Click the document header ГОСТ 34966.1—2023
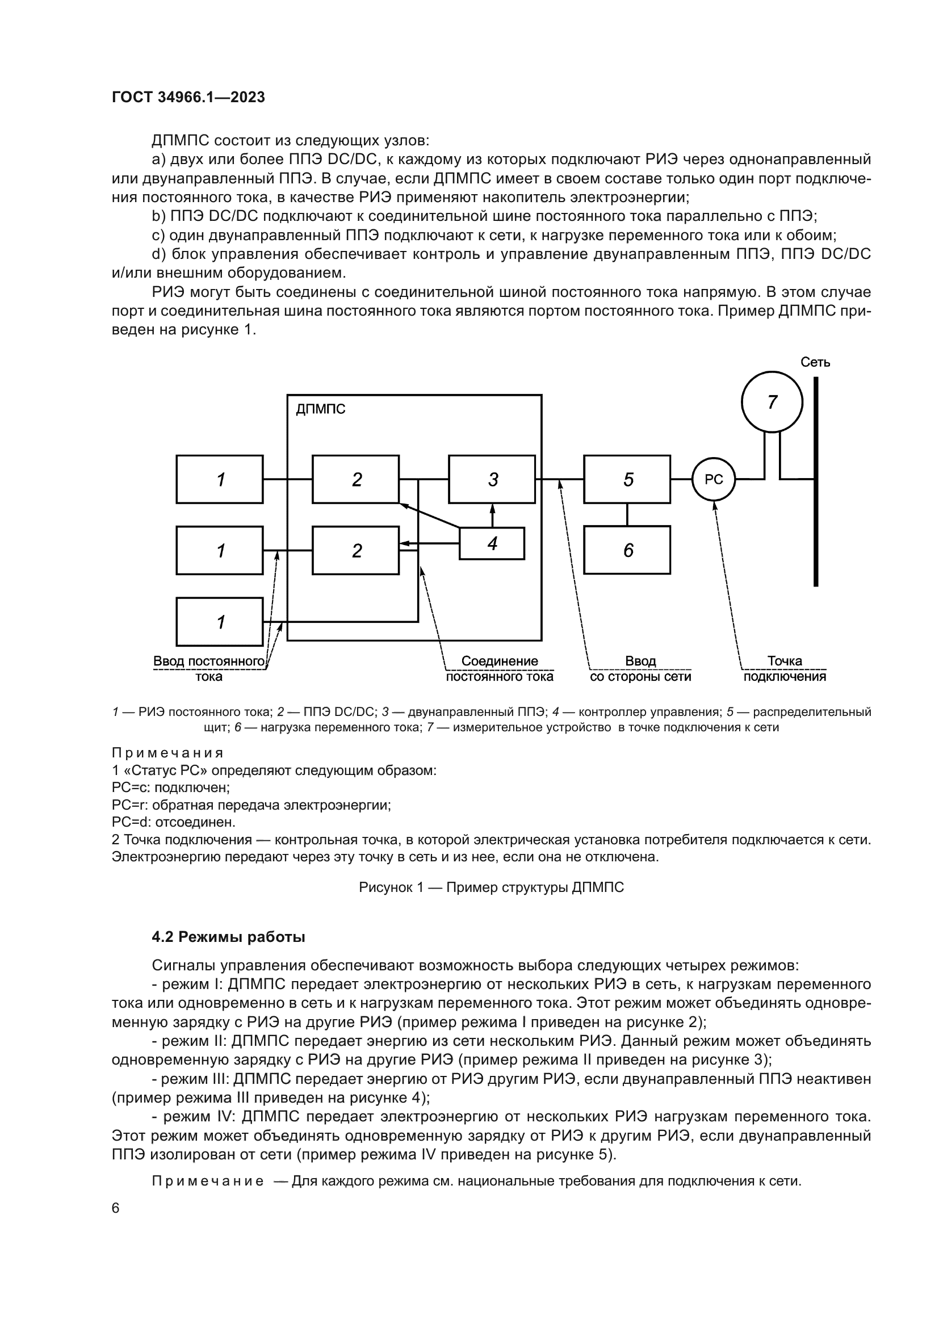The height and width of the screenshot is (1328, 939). tap(188, 97)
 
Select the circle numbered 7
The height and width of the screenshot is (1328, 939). tap(772, 401)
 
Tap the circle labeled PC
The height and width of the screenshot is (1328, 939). tap(714, 480)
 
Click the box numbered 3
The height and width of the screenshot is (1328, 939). tap(492, 479)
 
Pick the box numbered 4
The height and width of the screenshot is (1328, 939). tap(492, 544)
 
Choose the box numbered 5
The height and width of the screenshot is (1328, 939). tap(627, 479)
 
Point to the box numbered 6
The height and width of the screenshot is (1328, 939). tap(627, 550)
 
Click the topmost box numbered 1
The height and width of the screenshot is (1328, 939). tap(220, 479)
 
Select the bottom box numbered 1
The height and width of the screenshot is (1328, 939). tap(220, 622)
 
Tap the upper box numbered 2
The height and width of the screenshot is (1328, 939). tap(355, 479)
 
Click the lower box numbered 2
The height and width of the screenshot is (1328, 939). tap(355, 550)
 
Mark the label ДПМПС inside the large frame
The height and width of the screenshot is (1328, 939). tap(320, 409)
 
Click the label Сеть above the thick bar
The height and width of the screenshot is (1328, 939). tap(815, 362)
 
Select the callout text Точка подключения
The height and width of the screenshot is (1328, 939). tap(784, 669)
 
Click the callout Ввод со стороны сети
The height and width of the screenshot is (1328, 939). tap(640, 669)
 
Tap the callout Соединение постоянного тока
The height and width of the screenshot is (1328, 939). tap(499, 669)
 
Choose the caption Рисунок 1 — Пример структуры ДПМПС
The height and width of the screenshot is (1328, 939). tap(491, 887)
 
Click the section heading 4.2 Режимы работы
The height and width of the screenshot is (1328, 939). tap(228, 937)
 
